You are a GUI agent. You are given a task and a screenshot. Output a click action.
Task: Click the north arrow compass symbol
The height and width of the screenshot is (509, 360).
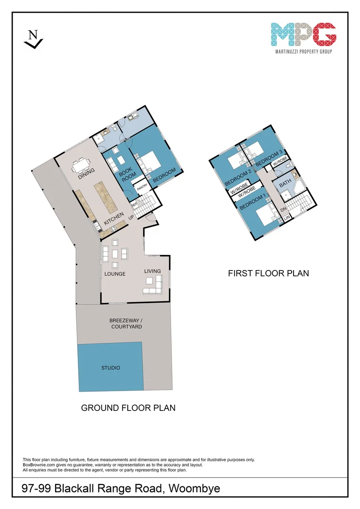[x=33, y=39]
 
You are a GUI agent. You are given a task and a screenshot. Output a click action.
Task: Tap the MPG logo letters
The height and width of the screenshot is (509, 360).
[x=303, y=33]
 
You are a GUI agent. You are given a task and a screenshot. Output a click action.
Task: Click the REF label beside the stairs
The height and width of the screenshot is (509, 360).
[x=133, y=204]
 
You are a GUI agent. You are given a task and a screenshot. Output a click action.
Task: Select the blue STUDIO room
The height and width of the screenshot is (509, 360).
[x=110, y=367]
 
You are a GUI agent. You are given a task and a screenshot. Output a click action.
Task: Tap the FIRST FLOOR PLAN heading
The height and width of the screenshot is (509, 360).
[x=268, y=273]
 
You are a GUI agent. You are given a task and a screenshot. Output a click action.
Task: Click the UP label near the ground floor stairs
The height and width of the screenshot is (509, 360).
[x=131, y=218]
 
